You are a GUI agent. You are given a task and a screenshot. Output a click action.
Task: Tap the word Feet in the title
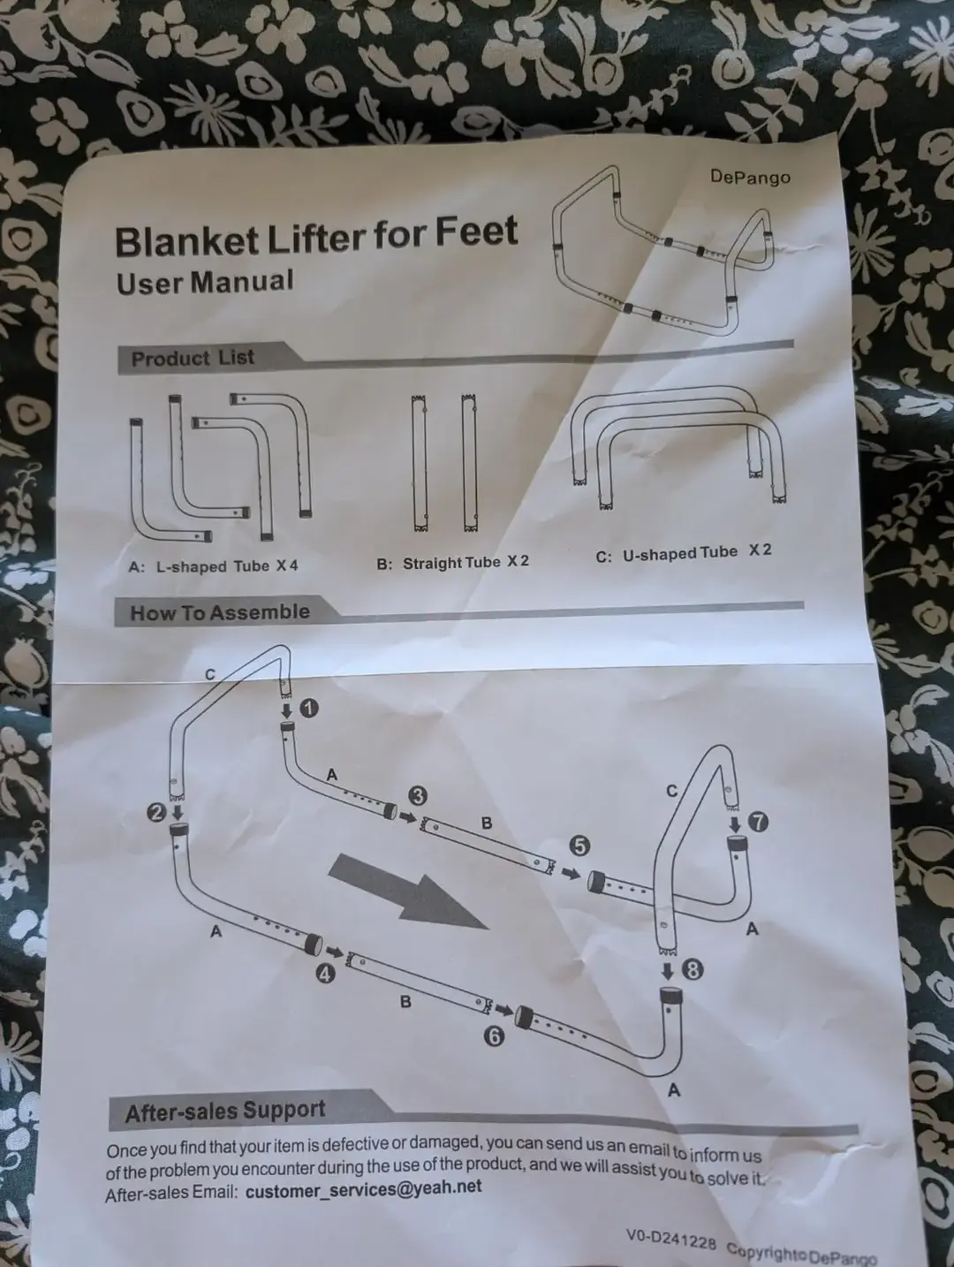pyautogui.click(x=476, y=232)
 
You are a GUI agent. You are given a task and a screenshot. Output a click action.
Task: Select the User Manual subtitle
pyautogui.click(x=205, y=282)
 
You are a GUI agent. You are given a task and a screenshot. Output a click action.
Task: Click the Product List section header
pyautogui.click(x=193, y=359)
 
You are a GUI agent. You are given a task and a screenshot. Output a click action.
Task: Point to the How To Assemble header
pyautogui.click(x=220, y=612)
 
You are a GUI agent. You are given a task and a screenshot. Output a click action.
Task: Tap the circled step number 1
pyautogui.click(x=309, y=708)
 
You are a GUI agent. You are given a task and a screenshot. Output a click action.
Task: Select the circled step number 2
pyautogui.click(x=156, y=814)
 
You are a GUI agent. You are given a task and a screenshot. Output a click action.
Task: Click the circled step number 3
pyautogui.click(x=417, y=797)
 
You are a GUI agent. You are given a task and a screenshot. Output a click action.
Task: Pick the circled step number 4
pyautogui.click(x=325, y=975)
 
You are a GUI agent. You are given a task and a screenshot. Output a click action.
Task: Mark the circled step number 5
pyautogui.click(x=579, y=846)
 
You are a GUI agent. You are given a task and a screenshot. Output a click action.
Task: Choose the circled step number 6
pyautogui.click(x=494, y=1037)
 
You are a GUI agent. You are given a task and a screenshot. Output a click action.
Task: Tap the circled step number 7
pyautogui.click(x=759, y=822)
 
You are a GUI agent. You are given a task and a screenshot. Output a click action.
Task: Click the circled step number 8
pyautogui.click(x=693, y=969)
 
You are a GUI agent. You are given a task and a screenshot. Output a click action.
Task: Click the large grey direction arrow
pyautogui.click(x=408, y=891)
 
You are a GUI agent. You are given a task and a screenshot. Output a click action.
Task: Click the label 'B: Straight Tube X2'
pyautogui.click(x=452, y=563)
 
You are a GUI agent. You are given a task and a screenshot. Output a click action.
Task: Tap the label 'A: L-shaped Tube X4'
pyautogui.click(x=213, y=566)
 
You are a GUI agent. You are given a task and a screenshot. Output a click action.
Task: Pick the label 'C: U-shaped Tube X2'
pyautogui.click(x=684, y=554)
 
